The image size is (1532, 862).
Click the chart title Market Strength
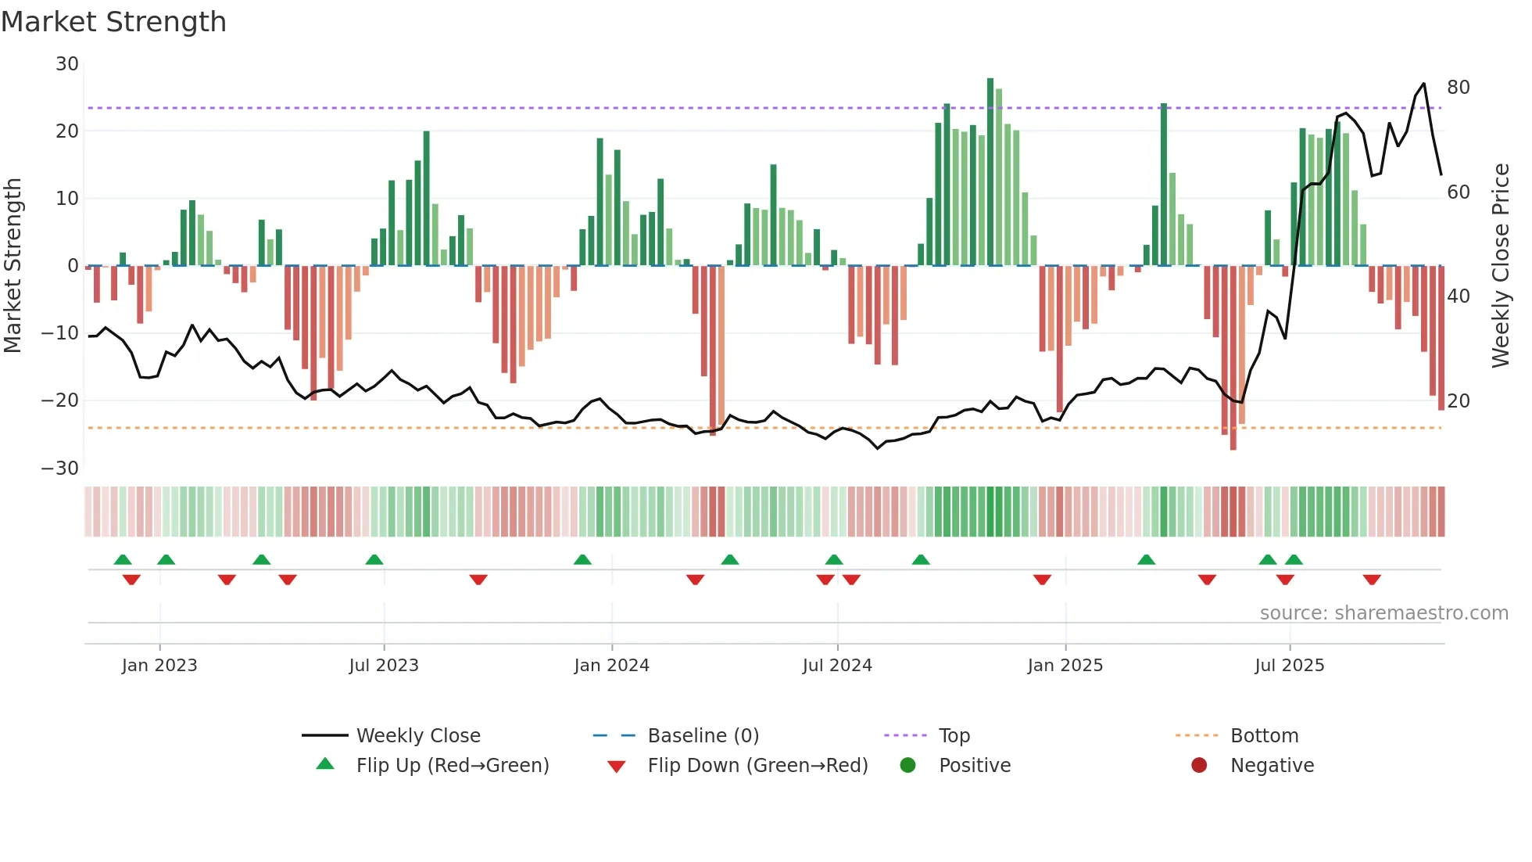113,22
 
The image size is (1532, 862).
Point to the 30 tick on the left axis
67,64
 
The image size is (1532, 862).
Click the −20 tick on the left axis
60,400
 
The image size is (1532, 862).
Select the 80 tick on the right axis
1459,87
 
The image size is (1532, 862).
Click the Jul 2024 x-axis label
837,666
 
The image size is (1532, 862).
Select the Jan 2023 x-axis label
159,666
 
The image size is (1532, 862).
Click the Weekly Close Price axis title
1501,266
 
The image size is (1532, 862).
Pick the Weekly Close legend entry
418,736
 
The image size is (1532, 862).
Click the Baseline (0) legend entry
703,736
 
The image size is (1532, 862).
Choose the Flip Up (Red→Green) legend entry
453,766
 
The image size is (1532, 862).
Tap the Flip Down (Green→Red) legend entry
757,766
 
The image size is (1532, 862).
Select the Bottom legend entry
1264,736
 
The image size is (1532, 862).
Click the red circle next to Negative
1199,765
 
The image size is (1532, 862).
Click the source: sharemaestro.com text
1383,613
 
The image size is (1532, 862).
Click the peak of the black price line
1423,84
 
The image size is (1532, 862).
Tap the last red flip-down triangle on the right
1372,580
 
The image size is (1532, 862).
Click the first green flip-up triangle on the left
123,559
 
